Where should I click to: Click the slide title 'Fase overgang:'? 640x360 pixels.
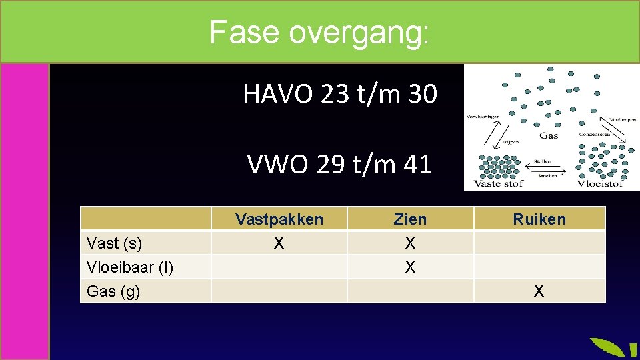[x=319, y=31]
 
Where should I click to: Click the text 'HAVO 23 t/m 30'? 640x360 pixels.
[x=340, y=95]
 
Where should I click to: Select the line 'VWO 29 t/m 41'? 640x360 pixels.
[x=339, y=164]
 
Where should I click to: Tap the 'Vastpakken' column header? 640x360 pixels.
[x=279, y=219]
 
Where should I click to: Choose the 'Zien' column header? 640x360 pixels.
[x=410, y=219]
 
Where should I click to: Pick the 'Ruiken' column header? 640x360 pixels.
[x=539, y=219]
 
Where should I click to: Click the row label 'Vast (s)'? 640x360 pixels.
[x=115, y=243]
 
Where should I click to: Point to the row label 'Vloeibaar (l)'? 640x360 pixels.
[x=130, y=267]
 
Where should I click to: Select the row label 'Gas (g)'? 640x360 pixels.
[x=113, y=291]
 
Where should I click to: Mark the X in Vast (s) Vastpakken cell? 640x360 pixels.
[x=279, y=243]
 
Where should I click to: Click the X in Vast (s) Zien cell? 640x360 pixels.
[x=410, y=243]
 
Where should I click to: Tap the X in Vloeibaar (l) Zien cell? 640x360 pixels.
[x=410, y=267]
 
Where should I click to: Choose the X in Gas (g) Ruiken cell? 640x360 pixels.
[x=539, y=291]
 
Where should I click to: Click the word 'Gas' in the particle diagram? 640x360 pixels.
[x=548, y=135]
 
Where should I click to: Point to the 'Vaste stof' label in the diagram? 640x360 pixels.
[x=498, y=183]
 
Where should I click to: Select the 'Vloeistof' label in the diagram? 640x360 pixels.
[x=599, y=183]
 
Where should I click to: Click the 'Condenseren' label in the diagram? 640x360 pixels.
[x=593, y=133]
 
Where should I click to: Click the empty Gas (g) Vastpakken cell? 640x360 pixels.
[x=279, y=291]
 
